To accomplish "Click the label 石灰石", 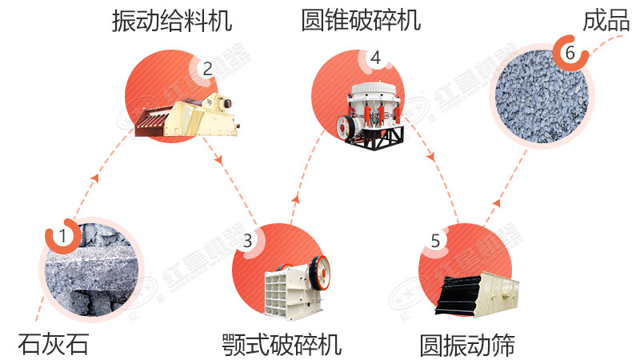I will click(54, 344).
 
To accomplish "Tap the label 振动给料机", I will click(172, 21).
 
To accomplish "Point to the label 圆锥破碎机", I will click(361, 21).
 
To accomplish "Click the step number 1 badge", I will click(61, 236).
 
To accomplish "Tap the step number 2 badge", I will click(207, 69).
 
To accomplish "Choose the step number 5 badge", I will click(434, 240).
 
